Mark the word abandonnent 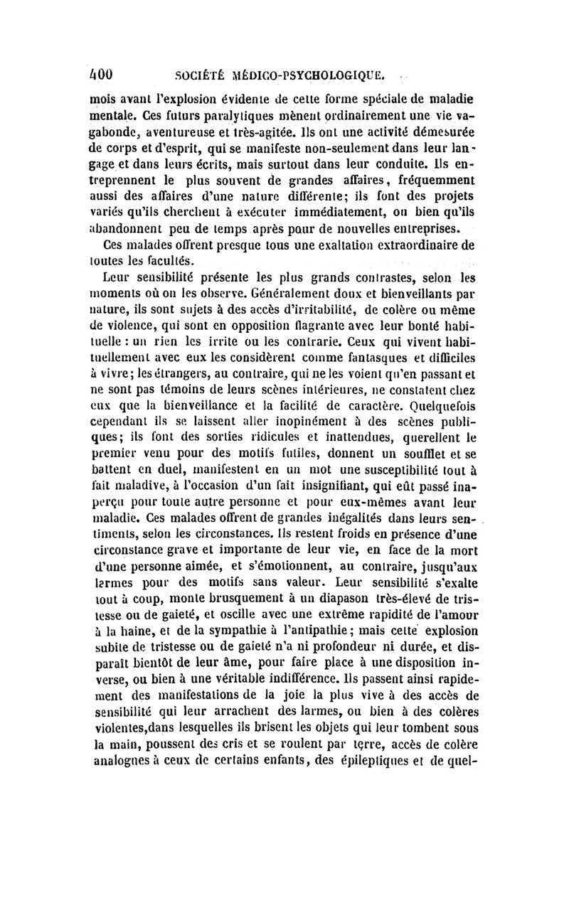tap(132, 228)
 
